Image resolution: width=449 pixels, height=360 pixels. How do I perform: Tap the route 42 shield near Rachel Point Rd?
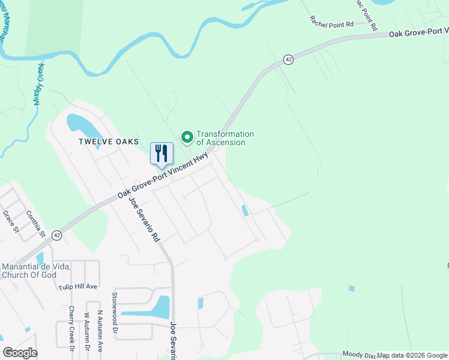pos(289,59)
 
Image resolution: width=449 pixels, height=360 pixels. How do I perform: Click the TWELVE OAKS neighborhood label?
pos(109,142)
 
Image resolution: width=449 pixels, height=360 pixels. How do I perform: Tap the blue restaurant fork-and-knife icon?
pos(161,154)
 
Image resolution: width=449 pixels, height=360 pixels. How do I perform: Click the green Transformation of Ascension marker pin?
pos(187,138)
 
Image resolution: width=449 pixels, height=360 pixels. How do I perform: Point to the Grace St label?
pos(11,221)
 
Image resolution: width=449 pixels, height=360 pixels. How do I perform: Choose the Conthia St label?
pos(35,223)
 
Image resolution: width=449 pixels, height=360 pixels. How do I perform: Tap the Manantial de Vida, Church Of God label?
pos(37,271)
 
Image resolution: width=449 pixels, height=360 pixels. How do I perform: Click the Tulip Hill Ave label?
pos(77,287)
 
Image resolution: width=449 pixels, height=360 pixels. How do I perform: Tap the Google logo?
pos(20,353)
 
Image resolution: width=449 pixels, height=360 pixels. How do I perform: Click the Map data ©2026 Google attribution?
pos(413,355)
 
